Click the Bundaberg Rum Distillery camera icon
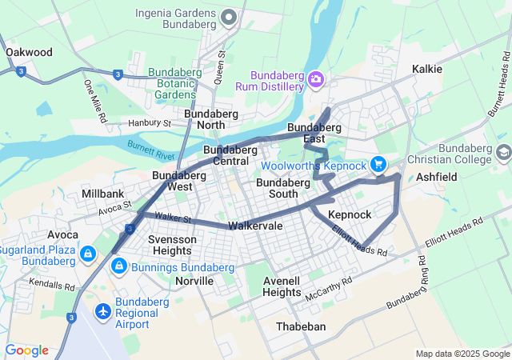(316, 78)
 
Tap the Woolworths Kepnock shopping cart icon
(378, 165)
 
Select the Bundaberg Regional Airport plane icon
(103, 310)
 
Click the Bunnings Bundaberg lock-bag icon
(118, 266)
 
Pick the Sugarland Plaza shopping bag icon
(87, 254)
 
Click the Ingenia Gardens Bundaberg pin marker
(228, 17)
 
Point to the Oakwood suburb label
(29, 52)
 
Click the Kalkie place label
(426, 69)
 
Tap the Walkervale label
(255, 226)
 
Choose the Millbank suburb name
(102, 194)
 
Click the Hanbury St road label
(150, 123)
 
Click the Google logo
(26, 350)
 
